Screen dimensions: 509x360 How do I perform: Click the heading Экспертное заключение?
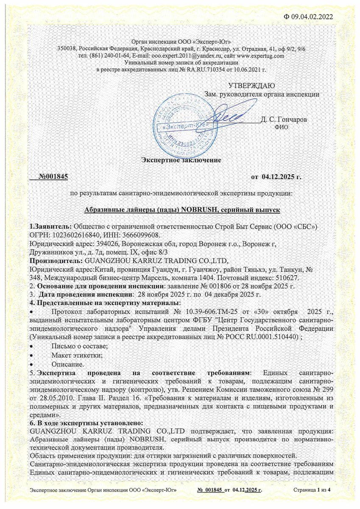tap(181, 160)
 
